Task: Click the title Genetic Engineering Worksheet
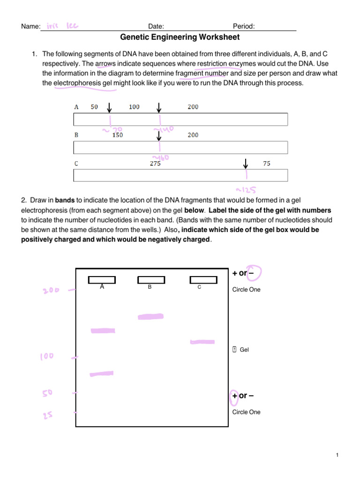pos(180,37)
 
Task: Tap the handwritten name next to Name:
pos(62,26)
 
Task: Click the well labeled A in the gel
pos(102,280)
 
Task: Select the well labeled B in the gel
pos(151,280)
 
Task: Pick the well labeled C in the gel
pos(203,280)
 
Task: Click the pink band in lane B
pos(150,317)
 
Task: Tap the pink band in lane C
pos(202,342)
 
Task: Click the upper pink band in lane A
pos(102,331)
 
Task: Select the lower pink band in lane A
pos(102,374)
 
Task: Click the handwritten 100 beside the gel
pos(46,357)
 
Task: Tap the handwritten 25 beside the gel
pos(48,415)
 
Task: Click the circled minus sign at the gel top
pos(256,273)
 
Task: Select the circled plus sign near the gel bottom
pos(234,396)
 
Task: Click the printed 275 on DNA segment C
pos(155,164)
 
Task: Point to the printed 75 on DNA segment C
pos(266,164)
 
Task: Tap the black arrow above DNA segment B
pos(159,135)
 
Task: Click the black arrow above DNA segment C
pos(245,164)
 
